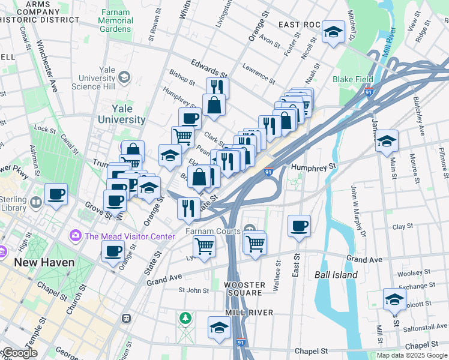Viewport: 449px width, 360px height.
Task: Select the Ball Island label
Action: coord(336,275)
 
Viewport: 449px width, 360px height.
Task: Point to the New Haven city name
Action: coord(44,262)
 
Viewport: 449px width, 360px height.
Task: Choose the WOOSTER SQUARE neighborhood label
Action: coord(243,289)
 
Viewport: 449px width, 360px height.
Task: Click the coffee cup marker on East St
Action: coord(299,226)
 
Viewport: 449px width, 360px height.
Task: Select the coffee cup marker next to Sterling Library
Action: coord(56,194)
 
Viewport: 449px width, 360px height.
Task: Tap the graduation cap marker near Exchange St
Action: coord(394,299)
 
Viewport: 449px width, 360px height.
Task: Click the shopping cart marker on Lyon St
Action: coord(205,246)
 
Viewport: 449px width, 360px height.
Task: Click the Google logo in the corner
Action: coord(19,353)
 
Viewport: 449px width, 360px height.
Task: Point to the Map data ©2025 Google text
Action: coord(412,355)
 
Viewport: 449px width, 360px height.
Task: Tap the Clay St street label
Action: coord(399,227)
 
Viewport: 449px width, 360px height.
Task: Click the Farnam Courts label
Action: coord(211,230)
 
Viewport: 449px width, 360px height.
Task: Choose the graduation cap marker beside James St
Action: coord(387,141)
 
